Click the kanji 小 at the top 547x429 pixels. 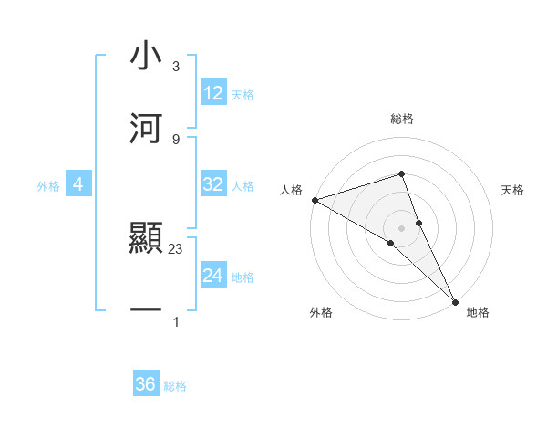click(x=146, y=57)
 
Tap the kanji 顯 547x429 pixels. click(x=146, y=240)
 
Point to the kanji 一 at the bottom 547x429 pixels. click(x=146, y=310)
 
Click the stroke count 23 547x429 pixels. click(x=176, y=249)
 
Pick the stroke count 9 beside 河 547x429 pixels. click(x=176, y=139)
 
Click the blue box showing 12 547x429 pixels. click(x=213, y=93)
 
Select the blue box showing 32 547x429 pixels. click(x=213, y=184)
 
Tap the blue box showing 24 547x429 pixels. click(x=213, y=276)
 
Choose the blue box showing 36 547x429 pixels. click(x=146, y=385)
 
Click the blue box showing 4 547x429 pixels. click(x=78, y=185)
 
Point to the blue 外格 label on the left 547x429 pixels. click(x=48, y=186)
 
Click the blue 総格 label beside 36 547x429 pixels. click(x=175, y=386)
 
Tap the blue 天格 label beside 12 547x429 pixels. click(x=243, y=94)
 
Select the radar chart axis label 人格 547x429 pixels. click(x=291, y=190)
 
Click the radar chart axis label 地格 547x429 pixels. click(x=478, y=312)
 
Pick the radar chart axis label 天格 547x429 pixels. click(x=512, y=190)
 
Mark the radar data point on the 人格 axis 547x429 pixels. click(x=315, y=200)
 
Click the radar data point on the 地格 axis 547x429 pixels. click(x=455, y=300)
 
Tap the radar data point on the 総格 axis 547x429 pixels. click(x=401, y=173)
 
